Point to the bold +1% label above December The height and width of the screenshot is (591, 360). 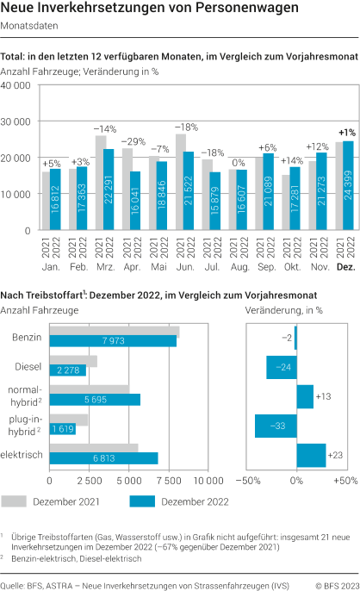(347, 133)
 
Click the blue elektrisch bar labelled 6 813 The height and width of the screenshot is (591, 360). (103, 457)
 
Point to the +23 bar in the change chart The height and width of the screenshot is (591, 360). (310, 455)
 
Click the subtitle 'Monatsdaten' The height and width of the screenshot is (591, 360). (30, 26)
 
